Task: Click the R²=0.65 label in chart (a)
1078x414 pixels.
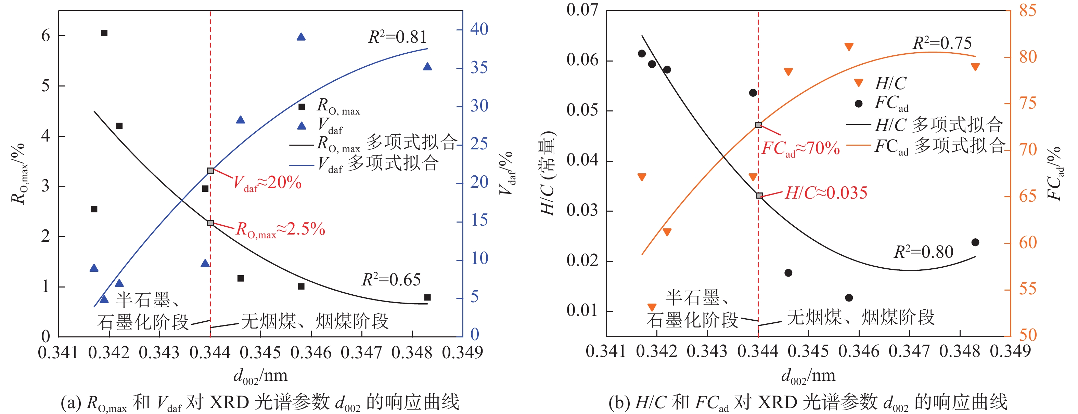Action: point(391,280)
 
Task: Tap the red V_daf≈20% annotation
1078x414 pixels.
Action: point(267,183)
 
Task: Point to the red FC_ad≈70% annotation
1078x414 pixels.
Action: point(800,148)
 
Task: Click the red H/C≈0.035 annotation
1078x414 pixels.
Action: point(826,193)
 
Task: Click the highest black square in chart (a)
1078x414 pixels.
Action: point(104,33)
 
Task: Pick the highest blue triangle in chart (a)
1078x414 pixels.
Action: point(301,37)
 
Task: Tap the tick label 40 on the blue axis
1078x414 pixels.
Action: point(479,29)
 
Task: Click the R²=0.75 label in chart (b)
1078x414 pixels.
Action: point(942,43)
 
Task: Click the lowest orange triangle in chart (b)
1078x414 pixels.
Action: point(652,308)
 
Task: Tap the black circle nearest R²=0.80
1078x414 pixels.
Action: point(975,242)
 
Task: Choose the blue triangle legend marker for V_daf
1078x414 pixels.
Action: point(301,125)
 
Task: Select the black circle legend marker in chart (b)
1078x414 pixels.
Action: point(858,103)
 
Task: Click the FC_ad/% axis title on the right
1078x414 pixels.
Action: point(1055,174)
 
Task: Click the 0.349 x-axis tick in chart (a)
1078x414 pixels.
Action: point(462,352)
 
